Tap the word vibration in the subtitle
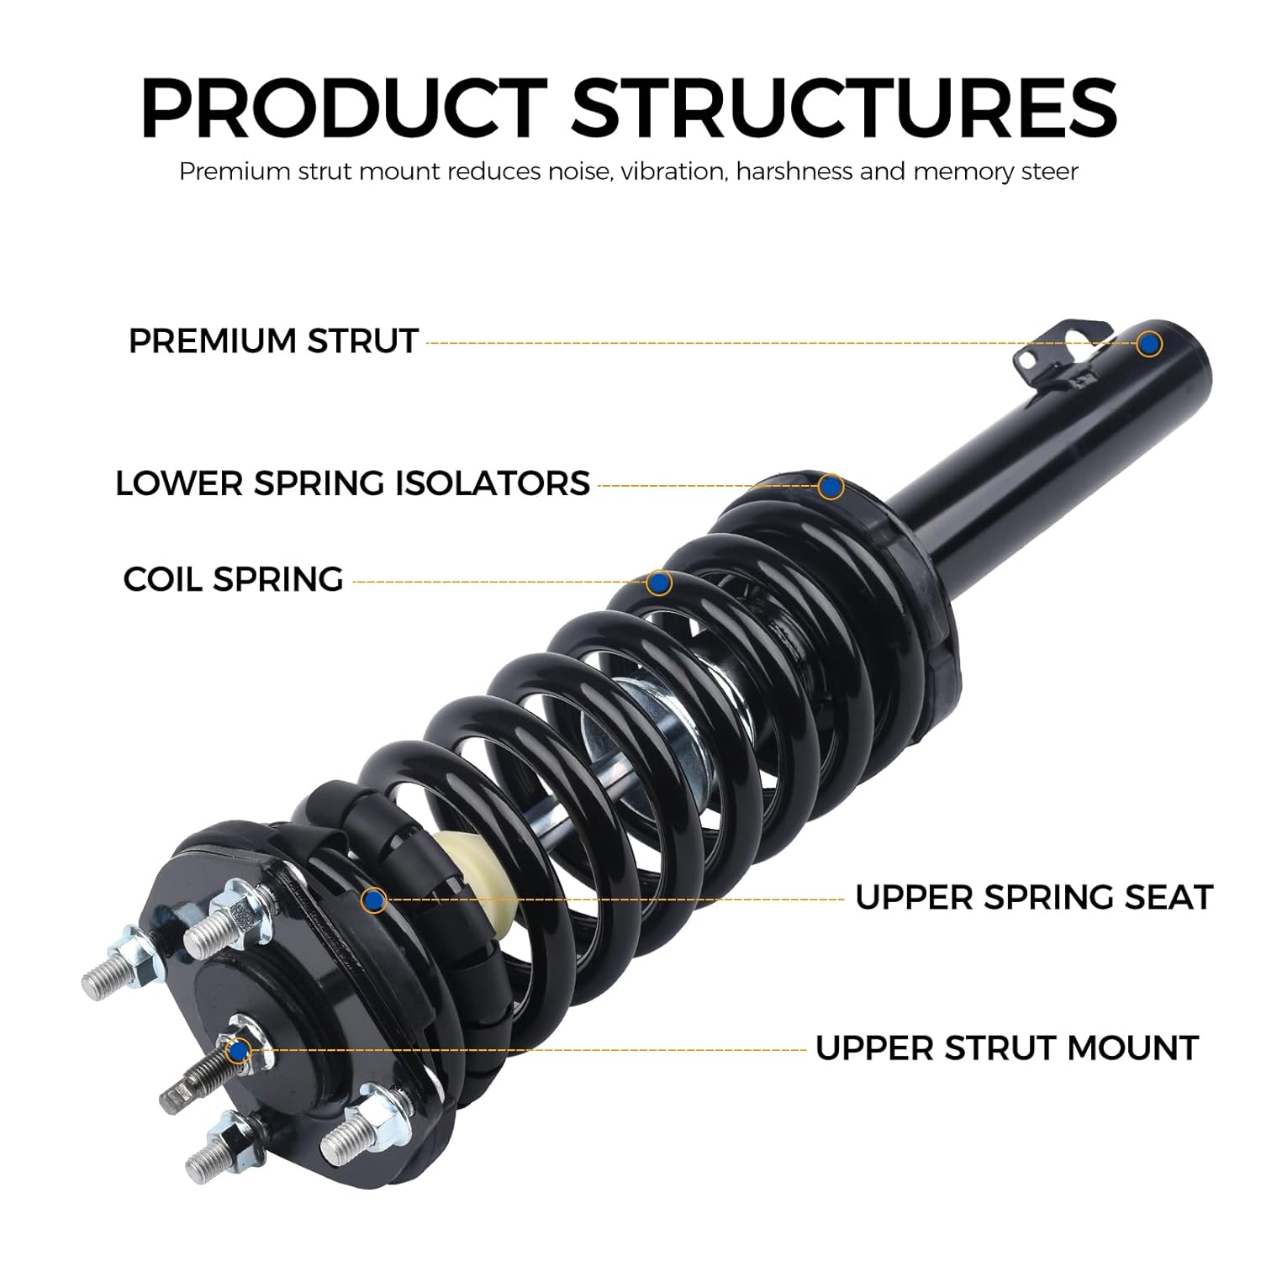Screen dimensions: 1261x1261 click(x=678, y=171)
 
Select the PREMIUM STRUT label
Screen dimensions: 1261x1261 click(x=273, y=341)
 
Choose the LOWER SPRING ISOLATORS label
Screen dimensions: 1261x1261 click(x=352, y=483)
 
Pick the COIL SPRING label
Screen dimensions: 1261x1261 click(x=233, y=579)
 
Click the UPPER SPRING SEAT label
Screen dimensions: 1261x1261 click(x=1033, y=897)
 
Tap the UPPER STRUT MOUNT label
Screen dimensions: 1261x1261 click(x=1006, y=1048)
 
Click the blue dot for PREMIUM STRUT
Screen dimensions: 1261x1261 click(x=1149, y=343)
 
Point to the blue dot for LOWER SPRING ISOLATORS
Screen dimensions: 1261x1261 click(x=831, y=486)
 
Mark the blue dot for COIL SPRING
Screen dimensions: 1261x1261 click(x=658, y=582)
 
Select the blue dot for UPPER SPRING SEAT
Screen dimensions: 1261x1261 click(x=374, y=900)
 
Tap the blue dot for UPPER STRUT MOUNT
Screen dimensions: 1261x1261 click(x=240, y=1049)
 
